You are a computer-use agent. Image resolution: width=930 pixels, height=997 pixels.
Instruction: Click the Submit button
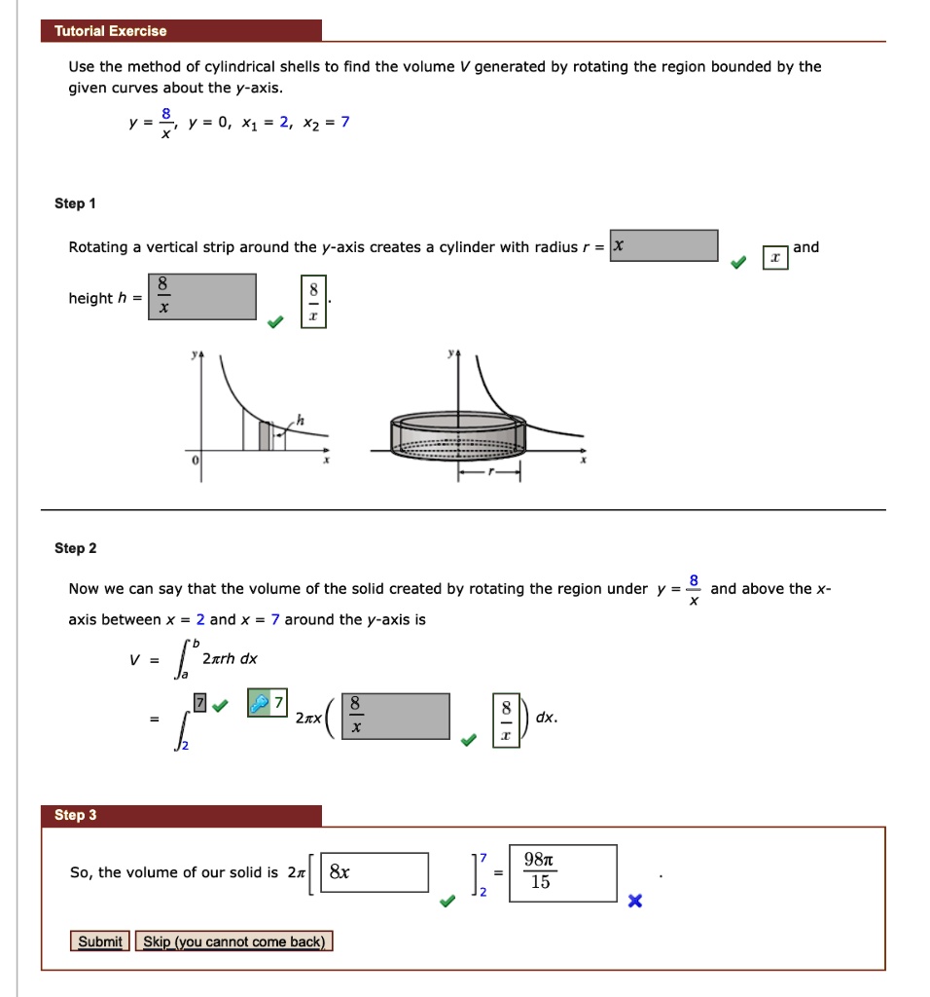point(100,942)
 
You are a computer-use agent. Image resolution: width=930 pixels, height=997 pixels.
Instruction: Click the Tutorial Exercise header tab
point(110,31)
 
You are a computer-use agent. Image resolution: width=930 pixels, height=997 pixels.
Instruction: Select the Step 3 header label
point(75,815)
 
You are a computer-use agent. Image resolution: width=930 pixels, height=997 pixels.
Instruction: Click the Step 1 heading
point(75,203)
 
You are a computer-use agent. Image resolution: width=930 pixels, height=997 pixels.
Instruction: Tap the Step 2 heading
point(75,548)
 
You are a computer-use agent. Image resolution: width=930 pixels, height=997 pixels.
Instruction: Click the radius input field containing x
point(664,246)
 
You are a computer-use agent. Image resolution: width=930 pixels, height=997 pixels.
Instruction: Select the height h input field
point(202,297)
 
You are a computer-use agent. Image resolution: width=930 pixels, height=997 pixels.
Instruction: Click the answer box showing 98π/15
point(561,872)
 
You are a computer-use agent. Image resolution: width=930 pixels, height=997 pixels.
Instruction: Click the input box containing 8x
point(374,872)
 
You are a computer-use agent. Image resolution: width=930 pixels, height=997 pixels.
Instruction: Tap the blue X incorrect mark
point(634,902)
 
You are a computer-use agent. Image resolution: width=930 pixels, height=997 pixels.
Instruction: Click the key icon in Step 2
point(260,703)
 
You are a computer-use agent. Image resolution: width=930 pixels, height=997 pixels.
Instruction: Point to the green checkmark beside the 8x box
point(447,902)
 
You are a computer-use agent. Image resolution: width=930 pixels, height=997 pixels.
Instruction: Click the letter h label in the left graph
point(300,419)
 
